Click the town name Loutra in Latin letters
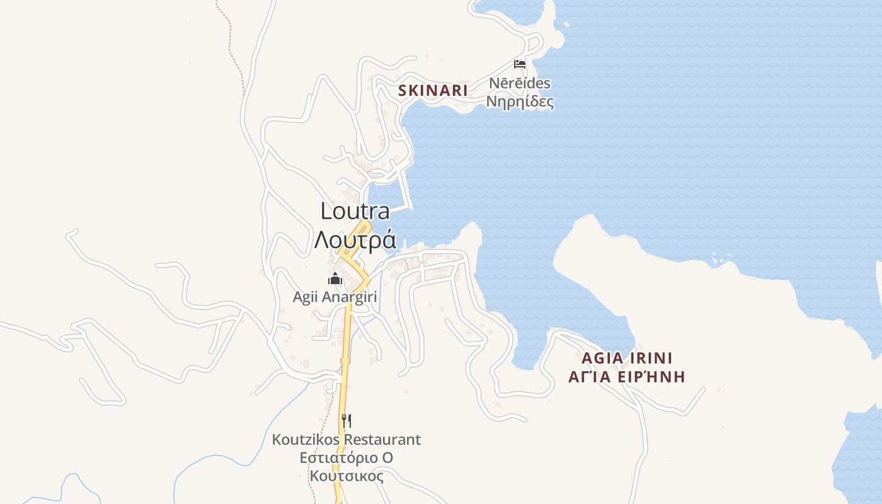[355, 211]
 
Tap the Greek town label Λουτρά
[355, 240]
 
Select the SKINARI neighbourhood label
[433, 91]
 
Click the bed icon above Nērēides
[520, 64]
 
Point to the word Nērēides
[520, 83]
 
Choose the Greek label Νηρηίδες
[520, 101]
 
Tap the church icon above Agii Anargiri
[335, 278]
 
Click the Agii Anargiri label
[335, 297]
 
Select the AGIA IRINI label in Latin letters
[627, 358]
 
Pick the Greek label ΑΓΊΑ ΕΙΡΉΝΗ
[626, 377]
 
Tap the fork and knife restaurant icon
[346, 420]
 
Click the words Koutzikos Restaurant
[346, 439]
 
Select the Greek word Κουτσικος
[346, 476]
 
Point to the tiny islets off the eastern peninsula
[714, 259]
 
